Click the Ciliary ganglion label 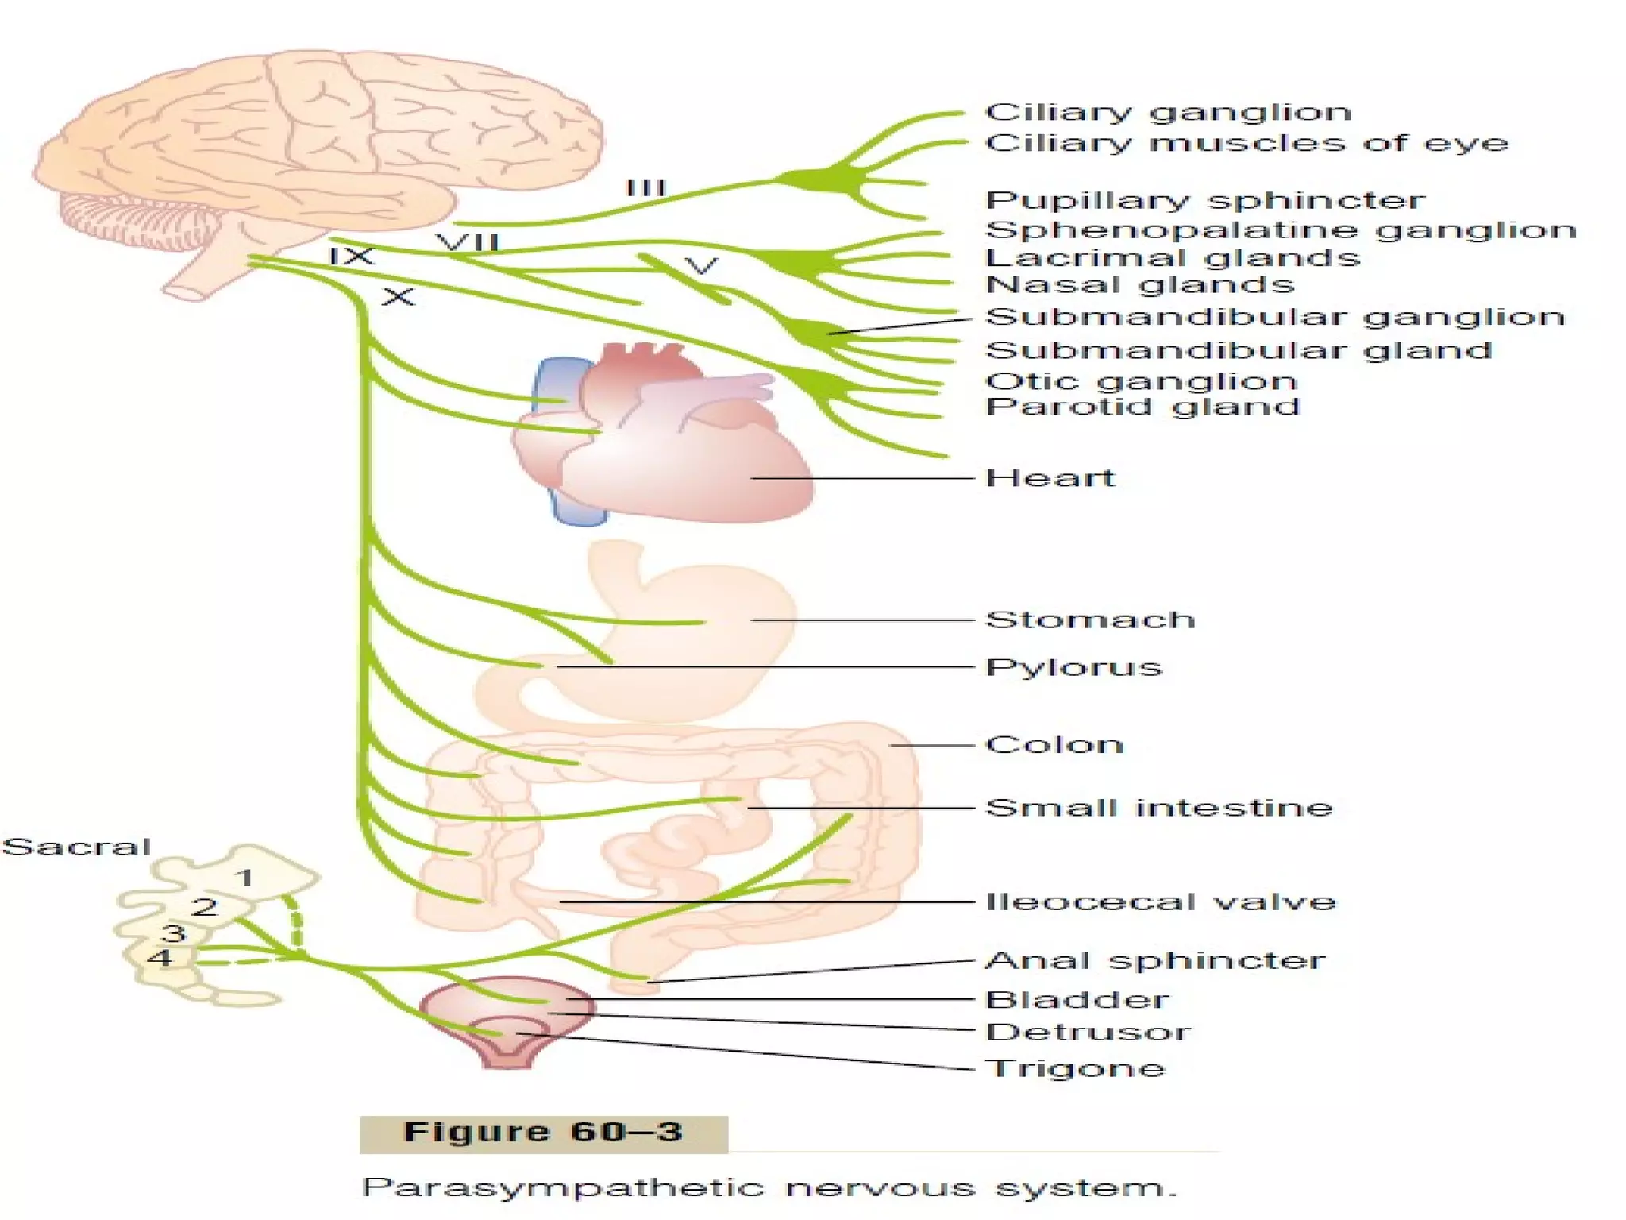click(1167, 112)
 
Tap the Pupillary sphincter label click(1204, 200)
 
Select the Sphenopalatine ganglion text click(1280, 230)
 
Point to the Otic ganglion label click(1141, 381)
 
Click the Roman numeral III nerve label click(645, 188)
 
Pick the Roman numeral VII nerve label click(468, 241)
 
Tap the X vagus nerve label click(398, 298)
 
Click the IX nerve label click(351, 257)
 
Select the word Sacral click(76, 847)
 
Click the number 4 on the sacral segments click(160, 957)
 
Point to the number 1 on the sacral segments click(245, 878)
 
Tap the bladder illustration click(508, 1021)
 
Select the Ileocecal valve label click(1160, 901)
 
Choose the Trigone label click(1075, 1068)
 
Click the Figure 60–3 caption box click(543, 1133)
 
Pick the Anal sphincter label click(1154, 960)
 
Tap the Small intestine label click(1158, 808)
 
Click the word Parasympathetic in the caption click(562, 1188)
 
